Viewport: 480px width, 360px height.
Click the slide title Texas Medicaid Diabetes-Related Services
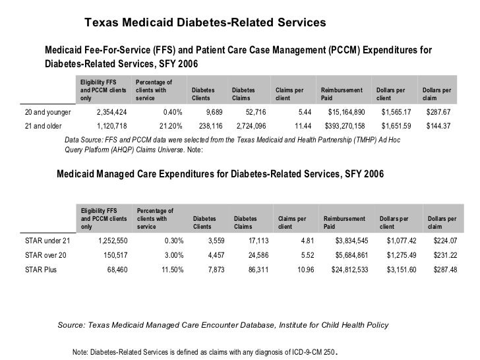click(x=205, y=23)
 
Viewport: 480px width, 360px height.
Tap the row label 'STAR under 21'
click(x=47, y=241)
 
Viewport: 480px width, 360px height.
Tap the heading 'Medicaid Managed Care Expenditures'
click(x=220, y=173)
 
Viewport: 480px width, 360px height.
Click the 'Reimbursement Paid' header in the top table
click(x=341, y=94)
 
